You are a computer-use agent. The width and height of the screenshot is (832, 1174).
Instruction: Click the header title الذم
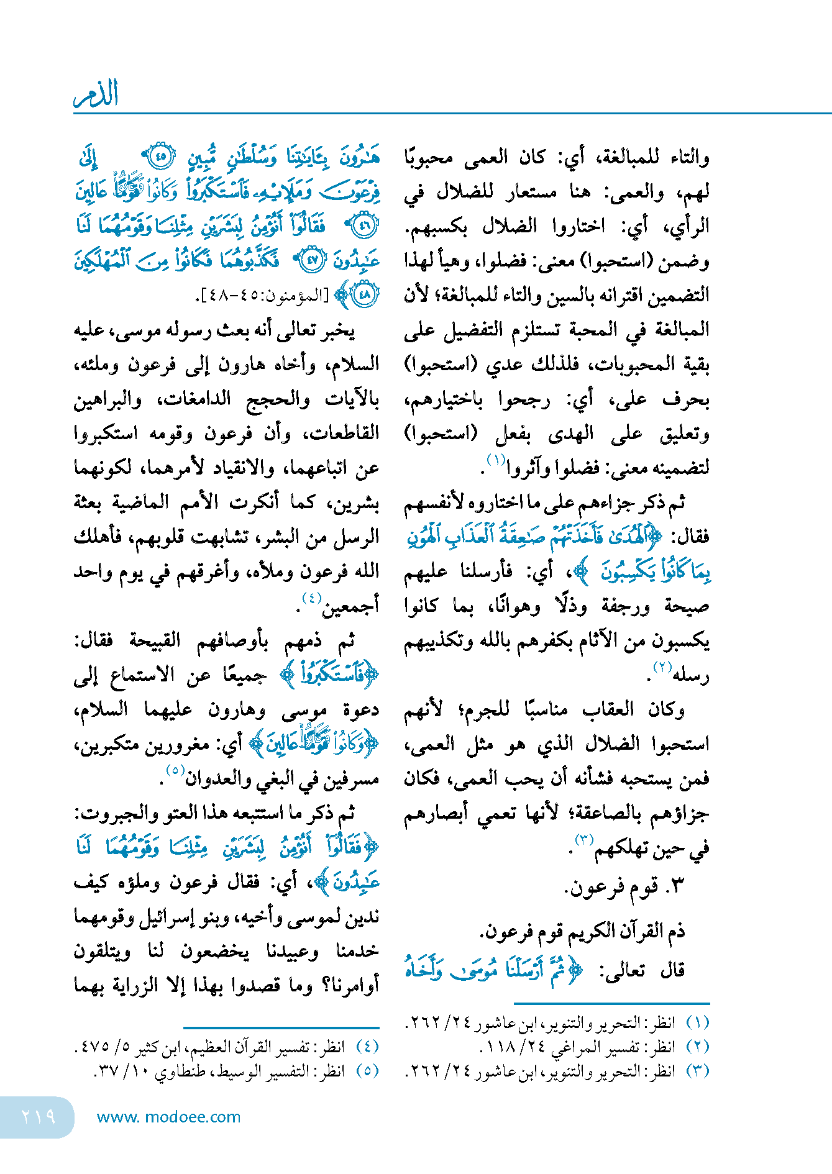tap(96, 94)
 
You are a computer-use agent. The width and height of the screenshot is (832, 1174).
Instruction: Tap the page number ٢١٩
tap(38, 1117)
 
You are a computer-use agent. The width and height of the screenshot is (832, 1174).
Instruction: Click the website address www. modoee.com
tap(168, 1117)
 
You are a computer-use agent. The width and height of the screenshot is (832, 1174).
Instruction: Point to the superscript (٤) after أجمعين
tap(311, 598)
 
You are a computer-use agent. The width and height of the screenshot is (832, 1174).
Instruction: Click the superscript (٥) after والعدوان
tap(175, 771)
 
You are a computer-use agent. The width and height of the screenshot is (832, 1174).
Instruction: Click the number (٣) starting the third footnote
tap(697, 1071)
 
